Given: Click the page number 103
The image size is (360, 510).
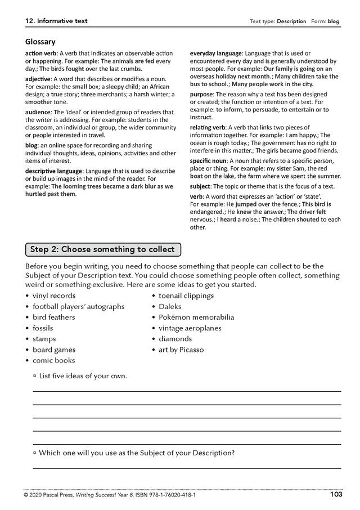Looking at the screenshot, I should coord(336,495).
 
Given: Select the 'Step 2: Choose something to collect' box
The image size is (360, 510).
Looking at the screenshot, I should coord(102,249).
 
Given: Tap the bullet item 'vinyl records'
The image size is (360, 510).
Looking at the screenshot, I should coord(53,296).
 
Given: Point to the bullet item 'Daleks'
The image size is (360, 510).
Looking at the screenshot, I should coord(172,306).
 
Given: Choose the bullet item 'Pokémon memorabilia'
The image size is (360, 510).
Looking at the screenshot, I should coord(196,317).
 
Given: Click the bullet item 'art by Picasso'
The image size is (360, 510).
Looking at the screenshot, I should coord(181,350).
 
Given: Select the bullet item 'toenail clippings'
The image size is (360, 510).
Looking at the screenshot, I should coord(186,296).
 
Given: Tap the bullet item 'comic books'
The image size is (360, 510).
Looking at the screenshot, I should coord(53,360).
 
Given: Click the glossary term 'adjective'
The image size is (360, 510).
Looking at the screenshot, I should coord(38,79).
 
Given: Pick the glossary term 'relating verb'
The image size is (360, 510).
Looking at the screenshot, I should coord(208,128).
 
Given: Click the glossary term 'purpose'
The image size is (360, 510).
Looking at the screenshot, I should coord(202,94).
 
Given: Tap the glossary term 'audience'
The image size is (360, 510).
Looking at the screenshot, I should coord(38,112).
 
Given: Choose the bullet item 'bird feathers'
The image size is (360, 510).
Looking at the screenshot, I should coord(53,317).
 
